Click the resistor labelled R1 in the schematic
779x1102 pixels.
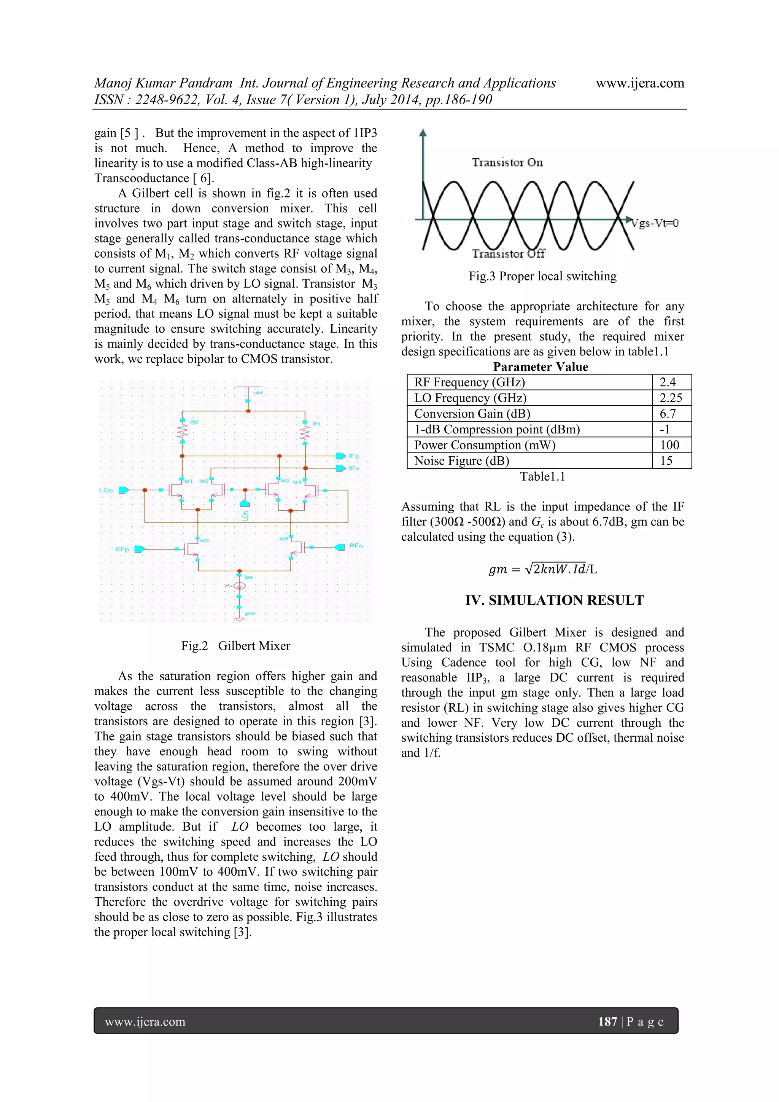click(x=305, y=433)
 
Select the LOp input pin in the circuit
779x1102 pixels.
click(x=123, y=490)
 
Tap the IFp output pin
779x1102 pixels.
click(x=340, y=455)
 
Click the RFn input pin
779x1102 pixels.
click(x=340, y=547)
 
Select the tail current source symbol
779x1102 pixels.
click(x=238, y=586)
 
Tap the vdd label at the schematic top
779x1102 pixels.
click(x=258, y=393)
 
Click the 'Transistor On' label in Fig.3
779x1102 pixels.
click(x=507, y=163)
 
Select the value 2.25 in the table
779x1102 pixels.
click(x=671, y=398)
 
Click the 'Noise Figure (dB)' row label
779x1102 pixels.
click(x=461, y=461)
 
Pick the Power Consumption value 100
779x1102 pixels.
click(x=669, y=445)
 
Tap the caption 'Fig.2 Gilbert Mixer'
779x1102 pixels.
click(x=235, y=645)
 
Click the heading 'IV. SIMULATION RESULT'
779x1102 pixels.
click(x=554, y=600)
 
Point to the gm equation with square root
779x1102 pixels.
click(x=542, y=569)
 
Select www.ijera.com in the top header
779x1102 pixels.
click(x=639, y=83)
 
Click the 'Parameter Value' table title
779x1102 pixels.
click(x=540, y=367)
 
